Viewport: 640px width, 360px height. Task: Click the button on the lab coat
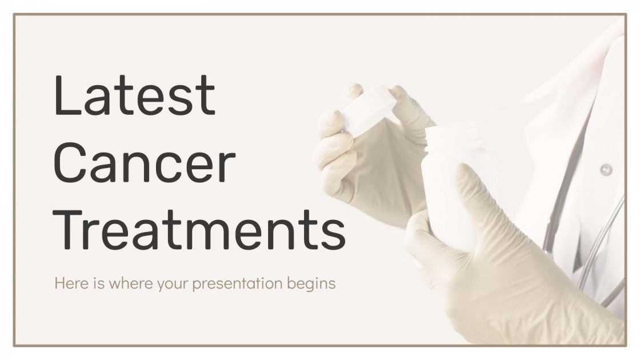[x=606, y=169]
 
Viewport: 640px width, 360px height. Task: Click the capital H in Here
[x=58, y=283]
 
